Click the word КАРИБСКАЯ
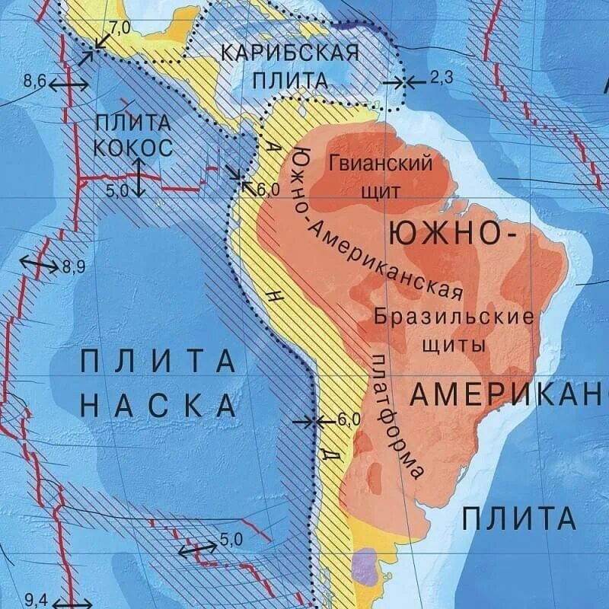coord(289,54)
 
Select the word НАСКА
coord(158,405)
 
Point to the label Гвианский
coord(381,162)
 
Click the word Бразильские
coord(453,317)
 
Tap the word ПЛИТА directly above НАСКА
coord(158,361)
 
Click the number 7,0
coord(120,27)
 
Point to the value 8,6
coord(36,79)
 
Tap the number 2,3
coord(441,78)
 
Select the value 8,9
coord(74,266)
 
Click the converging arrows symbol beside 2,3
coord(404,81)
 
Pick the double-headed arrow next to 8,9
coord(38,264)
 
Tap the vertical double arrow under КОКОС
coord(137,177)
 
